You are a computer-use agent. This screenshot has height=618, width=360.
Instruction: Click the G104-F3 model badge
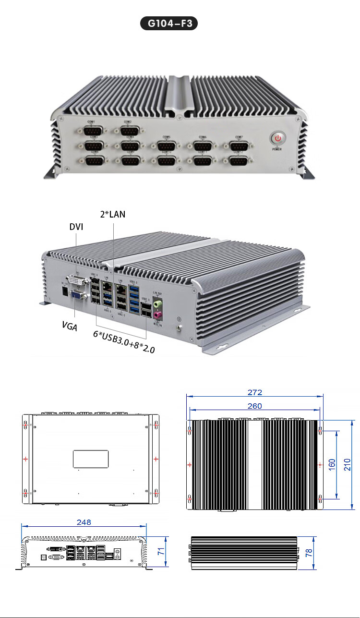click(169, 24)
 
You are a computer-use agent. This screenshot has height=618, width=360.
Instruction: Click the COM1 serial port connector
click(91, 130)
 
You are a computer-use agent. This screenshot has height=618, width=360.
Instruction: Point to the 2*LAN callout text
click(113, 214)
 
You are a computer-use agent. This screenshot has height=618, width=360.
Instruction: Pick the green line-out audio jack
click(156, 303)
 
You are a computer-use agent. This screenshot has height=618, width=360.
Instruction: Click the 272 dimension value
click(255, 392)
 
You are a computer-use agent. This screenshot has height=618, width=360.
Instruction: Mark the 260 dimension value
click(255, 406)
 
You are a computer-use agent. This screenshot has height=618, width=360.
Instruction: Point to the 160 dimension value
click(332, 464)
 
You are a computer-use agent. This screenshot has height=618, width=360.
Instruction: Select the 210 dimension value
click(348, 464)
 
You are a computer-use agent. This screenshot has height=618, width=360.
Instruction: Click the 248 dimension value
click(84, 521)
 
